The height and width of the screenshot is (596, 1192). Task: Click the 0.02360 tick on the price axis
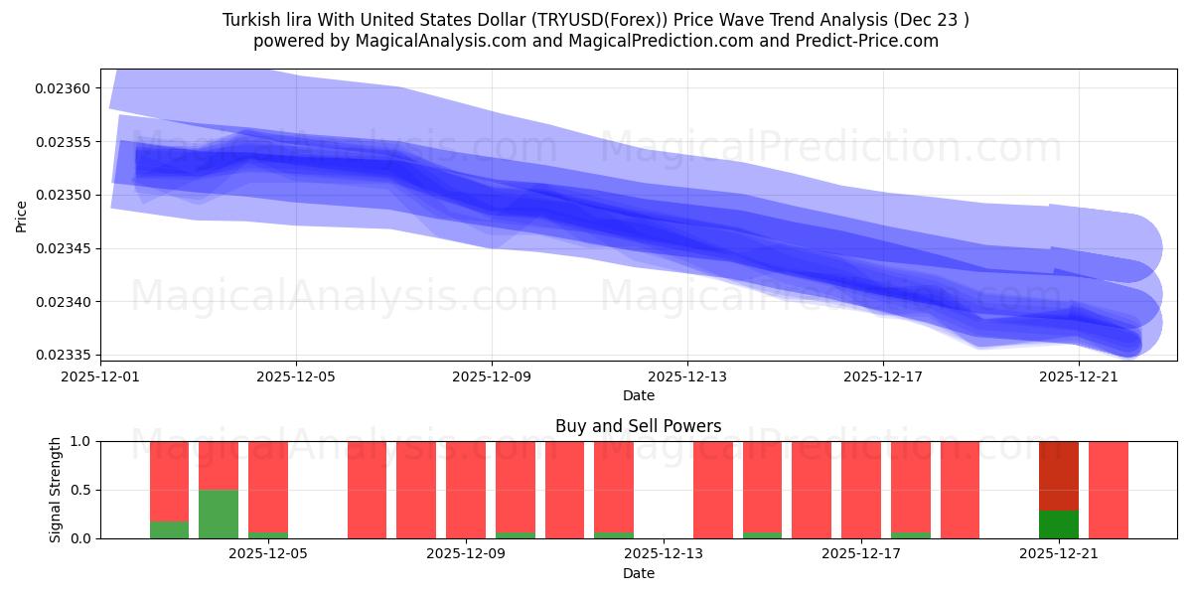63,88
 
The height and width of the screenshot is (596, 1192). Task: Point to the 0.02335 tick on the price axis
63,355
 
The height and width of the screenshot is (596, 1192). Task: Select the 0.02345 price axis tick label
63,248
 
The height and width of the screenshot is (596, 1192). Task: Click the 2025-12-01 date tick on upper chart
100,377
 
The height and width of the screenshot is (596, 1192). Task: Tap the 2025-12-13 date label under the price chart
687,377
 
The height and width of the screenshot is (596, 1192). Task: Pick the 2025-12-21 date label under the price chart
1079,377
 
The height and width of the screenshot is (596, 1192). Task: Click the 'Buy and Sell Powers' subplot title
638,426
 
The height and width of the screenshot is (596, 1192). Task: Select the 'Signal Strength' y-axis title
56,490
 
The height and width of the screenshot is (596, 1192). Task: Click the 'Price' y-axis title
22,215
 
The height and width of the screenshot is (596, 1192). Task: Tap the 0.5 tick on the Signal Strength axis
81,490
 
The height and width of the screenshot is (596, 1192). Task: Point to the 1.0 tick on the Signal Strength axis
81,441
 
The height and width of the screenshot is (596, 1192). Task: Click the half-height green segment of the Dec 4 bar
219,514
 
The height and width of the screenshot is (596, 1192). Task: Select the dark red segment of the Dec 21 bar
1059,475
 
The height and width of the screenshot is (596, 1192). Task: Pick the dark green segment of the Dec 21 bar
1059,524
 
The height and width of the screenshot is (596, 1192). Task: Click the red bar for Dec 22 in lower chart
1108,490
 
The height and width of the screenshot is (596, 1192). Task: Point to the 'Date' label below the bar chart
638,573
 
